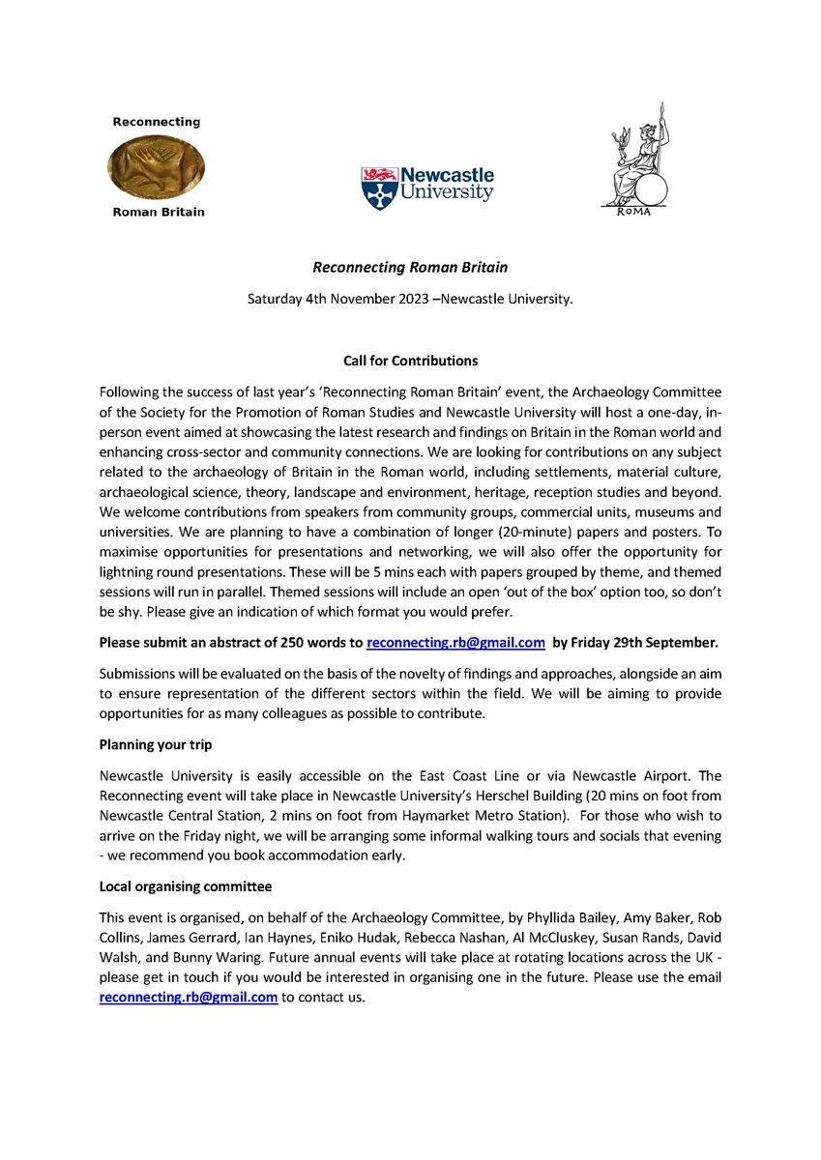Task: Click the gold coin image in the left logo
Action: tap(157, 167)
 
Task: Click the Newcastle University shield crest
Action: tap(377, 188)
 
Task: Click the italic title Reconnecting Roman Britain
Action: tap(410, 268)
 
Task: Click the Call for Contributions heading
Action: tap(410, 361)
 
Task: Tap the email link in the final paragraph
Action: tap(189, 997)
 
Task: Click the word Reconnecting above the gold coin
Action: tap(157, 122)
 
